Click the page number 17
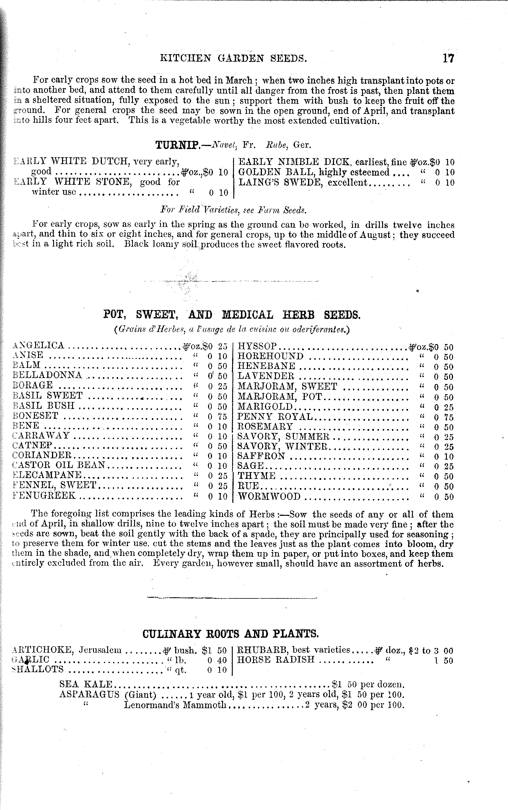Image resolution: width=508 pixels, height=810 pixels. (x=448, y=58)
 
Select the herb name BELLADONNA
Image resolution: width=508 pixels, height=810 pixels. (x=47, y=375)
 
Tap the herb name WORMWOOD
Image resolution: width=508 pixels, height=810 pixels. (x=269, y=496)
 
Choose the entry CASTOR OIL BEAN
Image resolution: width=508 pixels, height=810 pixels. (x=59, y=465)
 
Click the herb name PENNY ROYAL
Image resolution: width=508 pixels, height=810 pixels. (x=275, y=417)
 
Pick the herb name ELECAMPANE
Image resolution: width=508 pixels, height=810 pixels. (x=47, y=475)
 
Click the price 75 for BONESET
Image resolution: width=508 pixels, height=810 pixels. (x=222, y=417)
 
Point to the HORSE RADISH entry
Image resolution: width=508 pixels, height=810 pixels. (x=276, y=660)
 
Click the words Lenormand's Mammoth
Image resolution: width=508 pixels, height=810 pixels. (x=175, y=705)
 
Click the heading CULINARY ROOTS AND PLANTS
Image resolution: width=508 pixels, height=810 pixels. (x=230, y=634)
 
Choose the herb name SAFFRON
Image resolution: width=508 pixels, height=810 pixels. (x=261, y=456)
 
